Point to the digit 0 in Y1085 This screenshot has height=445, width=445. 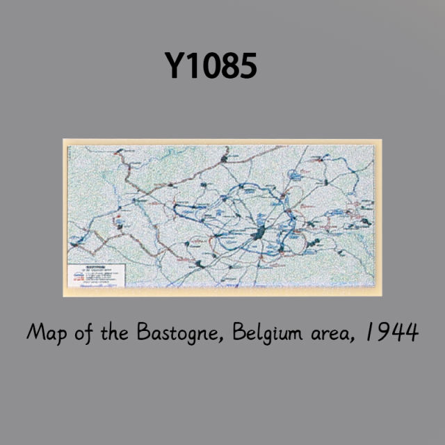click(209, 66)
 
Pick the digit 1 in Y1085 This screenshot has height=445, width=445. click(191, 66)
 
